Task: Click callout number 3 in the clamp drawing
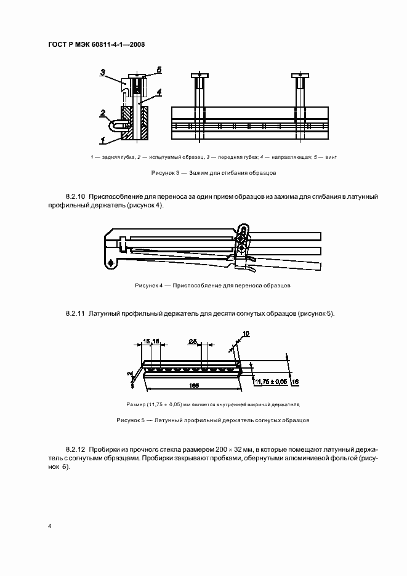coord(104,72)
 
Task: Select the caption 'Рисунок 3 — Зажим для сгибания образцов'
coord(214,174)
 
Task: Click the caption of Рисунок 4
coord(212,286)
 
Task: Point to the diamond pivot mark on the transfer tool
coord(111,263)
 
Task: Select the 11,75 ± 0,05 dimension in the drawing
coord(271,382)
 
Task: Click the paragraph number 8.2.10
coord(76,196)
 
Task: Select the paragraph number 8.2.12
coord(76,450)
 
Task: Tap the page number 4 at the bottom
coord(50,526)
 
